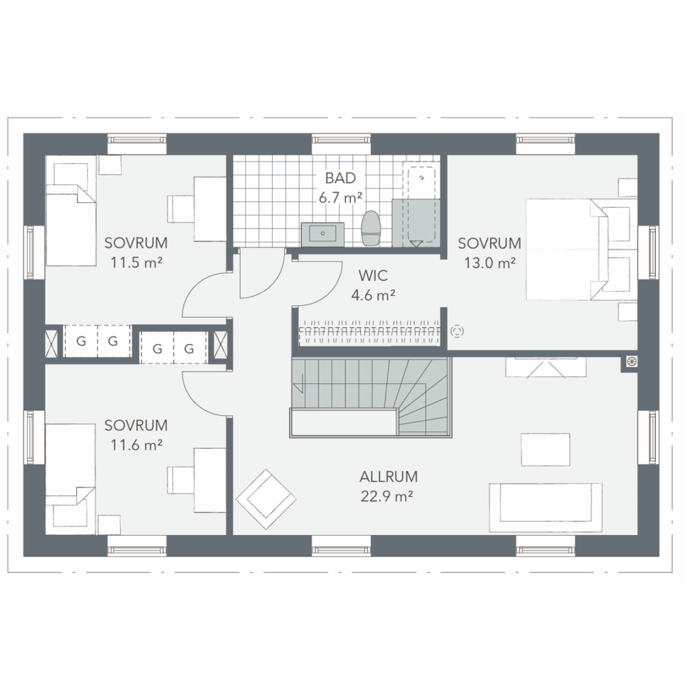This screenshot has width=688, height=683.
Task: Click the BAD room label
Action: click(x=340, y=178)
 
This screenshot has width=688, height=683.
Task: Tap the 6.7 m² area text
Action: click(x=340, y=198)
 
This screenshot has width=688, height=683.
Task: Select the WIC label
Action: click(x=373, y=276)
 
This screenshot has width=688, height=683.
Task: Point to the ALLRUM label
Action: click(x=388, y=477)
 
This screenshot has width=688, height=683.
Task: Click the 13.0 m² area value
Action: click(x=490, y=263)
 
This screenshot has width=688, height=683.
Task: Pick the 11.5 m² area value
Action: click(x=136, y=262)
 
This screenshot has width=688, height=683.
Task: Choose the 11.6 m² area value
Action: click(x=136, y=445)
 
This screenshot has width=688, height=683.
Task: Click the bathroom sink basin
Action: click(x=322, y=234)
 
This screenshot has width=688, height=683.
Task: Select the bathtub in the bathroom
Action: click(x=422, y=206)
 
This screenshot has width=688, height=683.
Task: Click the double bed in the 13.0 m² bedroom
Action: click(x=582, y=249)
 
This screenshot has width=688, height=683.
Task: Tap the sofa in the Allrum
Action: click(x=546, y=508)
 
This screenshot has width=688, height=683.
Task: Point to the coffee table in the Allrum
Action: click(x=546, y=450)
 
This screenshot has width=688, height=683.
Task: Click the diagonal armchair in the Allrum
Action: click(x=266, y=499)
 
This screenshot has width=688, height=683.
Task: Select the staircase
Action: click(x=370, y=397)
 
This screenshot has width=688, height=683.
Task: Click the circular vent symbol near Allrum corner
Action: click(x=632, y=362)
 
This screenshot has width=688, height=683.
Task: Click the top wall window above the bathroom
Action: click(x=341, y=140)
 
